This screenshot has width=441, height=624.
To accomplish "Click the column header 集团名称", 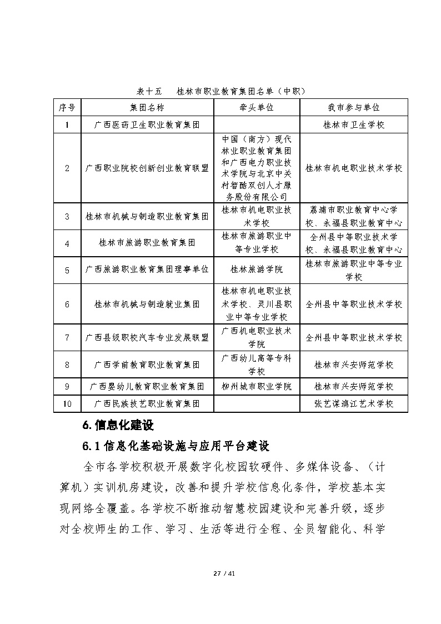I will tap(147, 107).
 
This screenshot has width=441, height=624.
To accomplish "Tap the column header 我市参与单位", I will tap(354, 107).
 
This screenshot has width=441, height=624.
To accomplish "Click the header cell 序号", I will tap(67, 107).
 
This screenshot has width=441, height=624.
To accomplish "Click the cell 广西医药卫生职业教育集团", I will tap(147, 125).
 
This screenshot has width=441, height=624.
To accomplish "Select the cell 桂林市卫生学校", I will tap(354, 125).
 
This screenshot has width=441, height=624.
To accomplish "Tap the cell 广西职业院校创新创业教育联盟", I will tap(147, 168).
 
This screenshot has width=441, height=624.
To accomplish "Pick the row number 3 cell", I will tap(67, 217).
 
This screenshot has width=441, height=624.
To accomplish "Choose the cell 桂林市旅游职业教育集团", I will tap(147, 243).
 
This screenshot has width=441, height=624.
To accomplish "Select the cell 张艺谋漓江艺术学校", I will tap(354, 403).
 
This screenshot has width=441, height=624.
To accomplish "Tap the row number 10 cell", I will tap(67, 403).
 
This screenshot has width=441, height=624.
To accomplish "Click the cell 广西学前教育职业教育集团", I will tap(147, 365).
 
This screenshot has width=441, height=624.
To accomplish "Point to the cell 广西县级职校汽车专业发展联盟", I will tap(147, 337).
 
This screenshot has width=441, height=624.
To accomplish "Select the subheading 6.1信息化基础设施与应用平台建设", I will tap(176, 446).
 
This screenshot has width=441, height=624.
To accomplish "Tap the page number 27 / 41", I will tap(220, 573).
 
